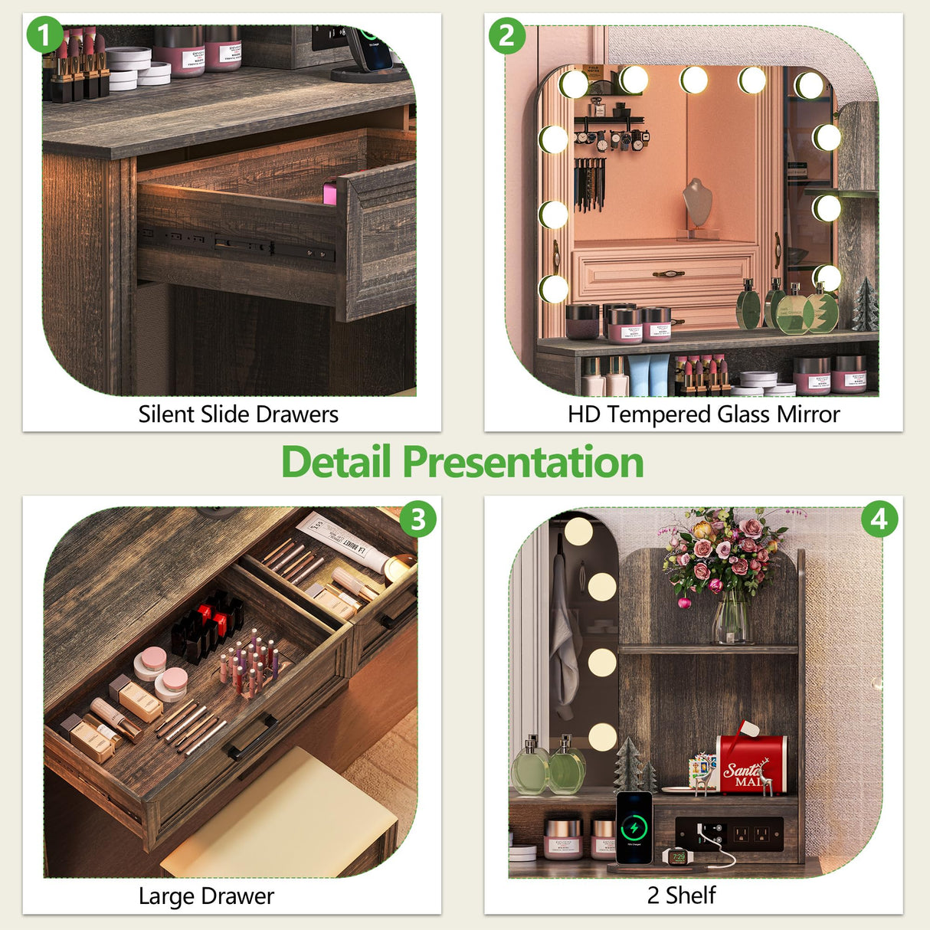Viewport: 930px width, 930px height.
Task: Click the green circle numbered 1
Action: (44, 35)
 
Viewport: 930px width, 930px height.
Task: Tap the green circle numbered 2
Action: (507, 35)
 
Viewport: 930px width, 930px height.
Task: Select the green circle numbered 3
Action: (418, 520)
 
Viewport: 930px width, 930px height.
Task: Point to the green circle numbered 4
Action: (879, 520)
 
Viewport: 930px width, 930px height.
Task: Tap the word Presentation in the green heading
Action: (522, 462)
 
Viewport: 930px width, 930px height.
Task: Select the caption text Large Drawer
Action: (206, 896)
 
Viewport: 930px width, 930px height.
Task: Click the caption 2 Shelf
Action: (681, 895)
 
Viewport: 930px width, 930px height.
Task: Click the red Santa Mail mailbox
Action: (752, 765)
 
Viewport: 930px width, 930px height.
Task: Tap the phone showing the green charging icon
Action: (634, 827)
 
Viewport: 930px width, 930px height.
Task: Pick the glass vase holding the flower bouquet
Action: (732, 617)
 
